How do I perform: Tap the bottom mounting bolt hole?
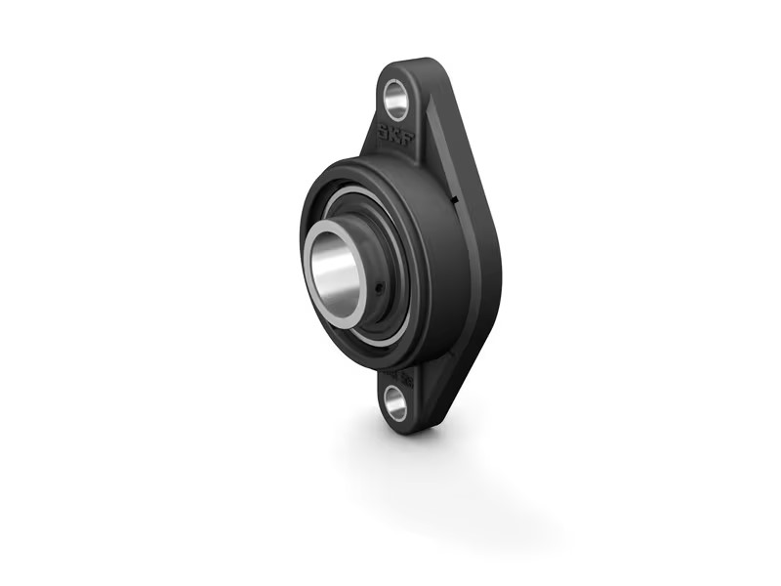point(395,400)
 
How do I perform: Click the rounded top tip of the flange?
point(410,64)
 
